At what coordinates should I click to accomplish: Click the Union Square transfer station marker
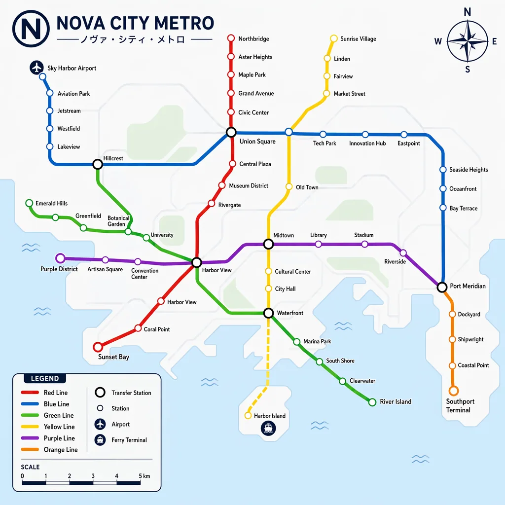(x=231, y=132)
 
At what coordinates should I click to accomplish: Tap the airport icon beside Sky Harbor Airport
(x=37, y=68)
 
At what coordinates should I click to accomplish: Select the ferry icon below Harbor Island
(x=268, y=428)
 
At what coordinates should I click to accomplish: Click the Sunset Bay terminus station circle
(x=98, y=347)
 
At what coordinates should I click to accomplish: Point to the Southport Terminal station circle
(x=453, y=391)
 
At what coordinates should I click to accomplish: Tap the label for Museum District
(x=249, y=186)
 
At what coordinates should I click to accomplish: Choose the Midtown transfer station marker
(x=268, y=244)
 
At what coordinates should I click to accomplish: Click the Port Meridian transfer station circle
(x=442, y=287)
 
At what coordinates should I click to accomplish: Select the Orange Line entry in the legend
(x=60, y=450)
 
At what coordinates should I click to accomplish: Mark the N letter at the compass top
(x=468, y=12)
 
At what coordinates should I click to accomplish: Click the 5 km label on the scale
(x=144, y=476)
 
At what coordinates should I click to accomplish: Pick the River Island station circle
(x=372, y=402)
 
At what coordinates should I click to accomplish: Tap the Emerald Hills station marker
(x=29, y=203)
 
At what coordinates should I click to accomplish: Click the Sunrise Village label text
(x=358, y=39)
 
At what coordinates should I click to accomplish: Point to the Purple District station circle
(x=60, y=258)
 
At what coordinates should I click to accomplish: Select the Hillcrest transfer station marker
(x=98, y=164)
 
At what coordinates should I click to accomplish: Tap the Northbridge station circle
(x=231, y=38)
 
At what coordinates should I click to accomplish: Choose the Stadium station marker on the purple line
(x=364, y=244)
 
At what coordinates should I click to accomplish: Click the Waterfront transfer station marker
(x=268, y=313)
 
